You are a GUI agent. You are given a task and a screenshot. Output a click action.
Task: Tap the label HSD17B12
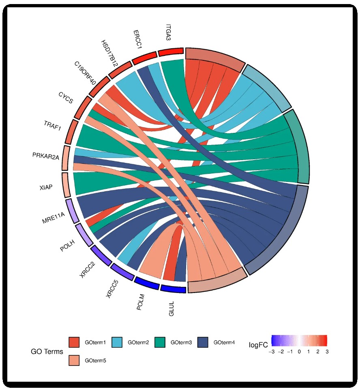point(110,53)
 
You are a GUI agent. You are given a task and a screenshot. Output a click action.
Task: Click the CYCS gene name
point(66,98)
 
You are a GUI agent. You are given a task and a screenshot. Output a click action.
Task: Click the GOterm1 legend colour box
point(74,342)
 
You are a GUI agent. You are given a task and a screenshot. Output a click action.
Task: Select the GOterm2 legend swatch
point(117,342)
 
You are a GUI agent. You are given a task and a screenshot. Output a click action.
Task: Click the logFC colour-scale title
point(258,345)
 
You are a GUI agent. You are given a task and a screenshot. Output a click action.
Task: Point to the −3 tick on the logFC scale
point(271,352)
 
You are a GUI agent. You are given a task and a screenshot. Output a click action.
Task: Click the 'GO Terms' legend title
point(47,351)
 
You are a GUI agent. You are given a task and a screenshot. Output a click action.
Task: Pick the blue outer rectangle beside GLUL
point(173,289)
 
